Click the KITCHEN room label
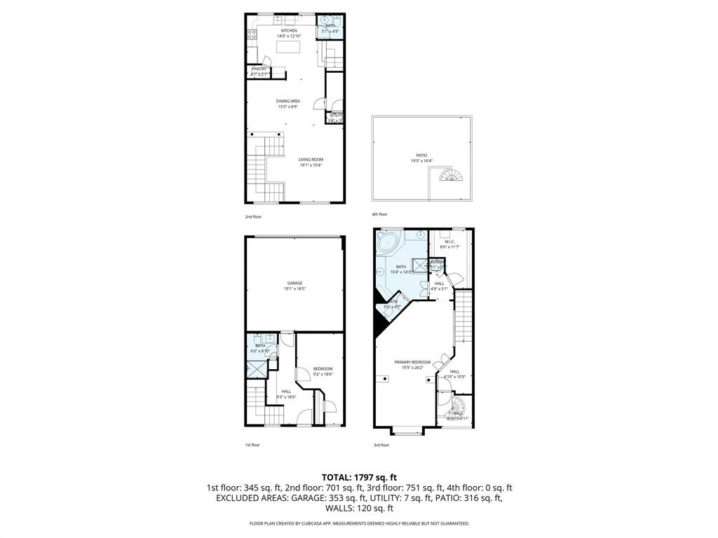289,31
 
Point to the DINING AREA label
288,101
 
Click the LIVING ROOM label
311,159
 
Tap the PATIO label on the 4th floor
421,156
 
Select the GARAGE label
294,283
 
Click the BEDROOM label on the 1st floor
323,368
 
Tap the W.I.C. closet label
449,242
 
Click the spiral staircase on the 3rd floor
456,407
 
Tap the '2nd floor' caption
252,217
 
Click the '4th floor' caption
379,214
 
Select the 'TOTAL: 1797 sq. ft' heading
359,477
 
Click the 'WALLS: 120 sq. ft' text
358,509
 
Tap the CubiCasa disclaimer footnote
359,523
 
